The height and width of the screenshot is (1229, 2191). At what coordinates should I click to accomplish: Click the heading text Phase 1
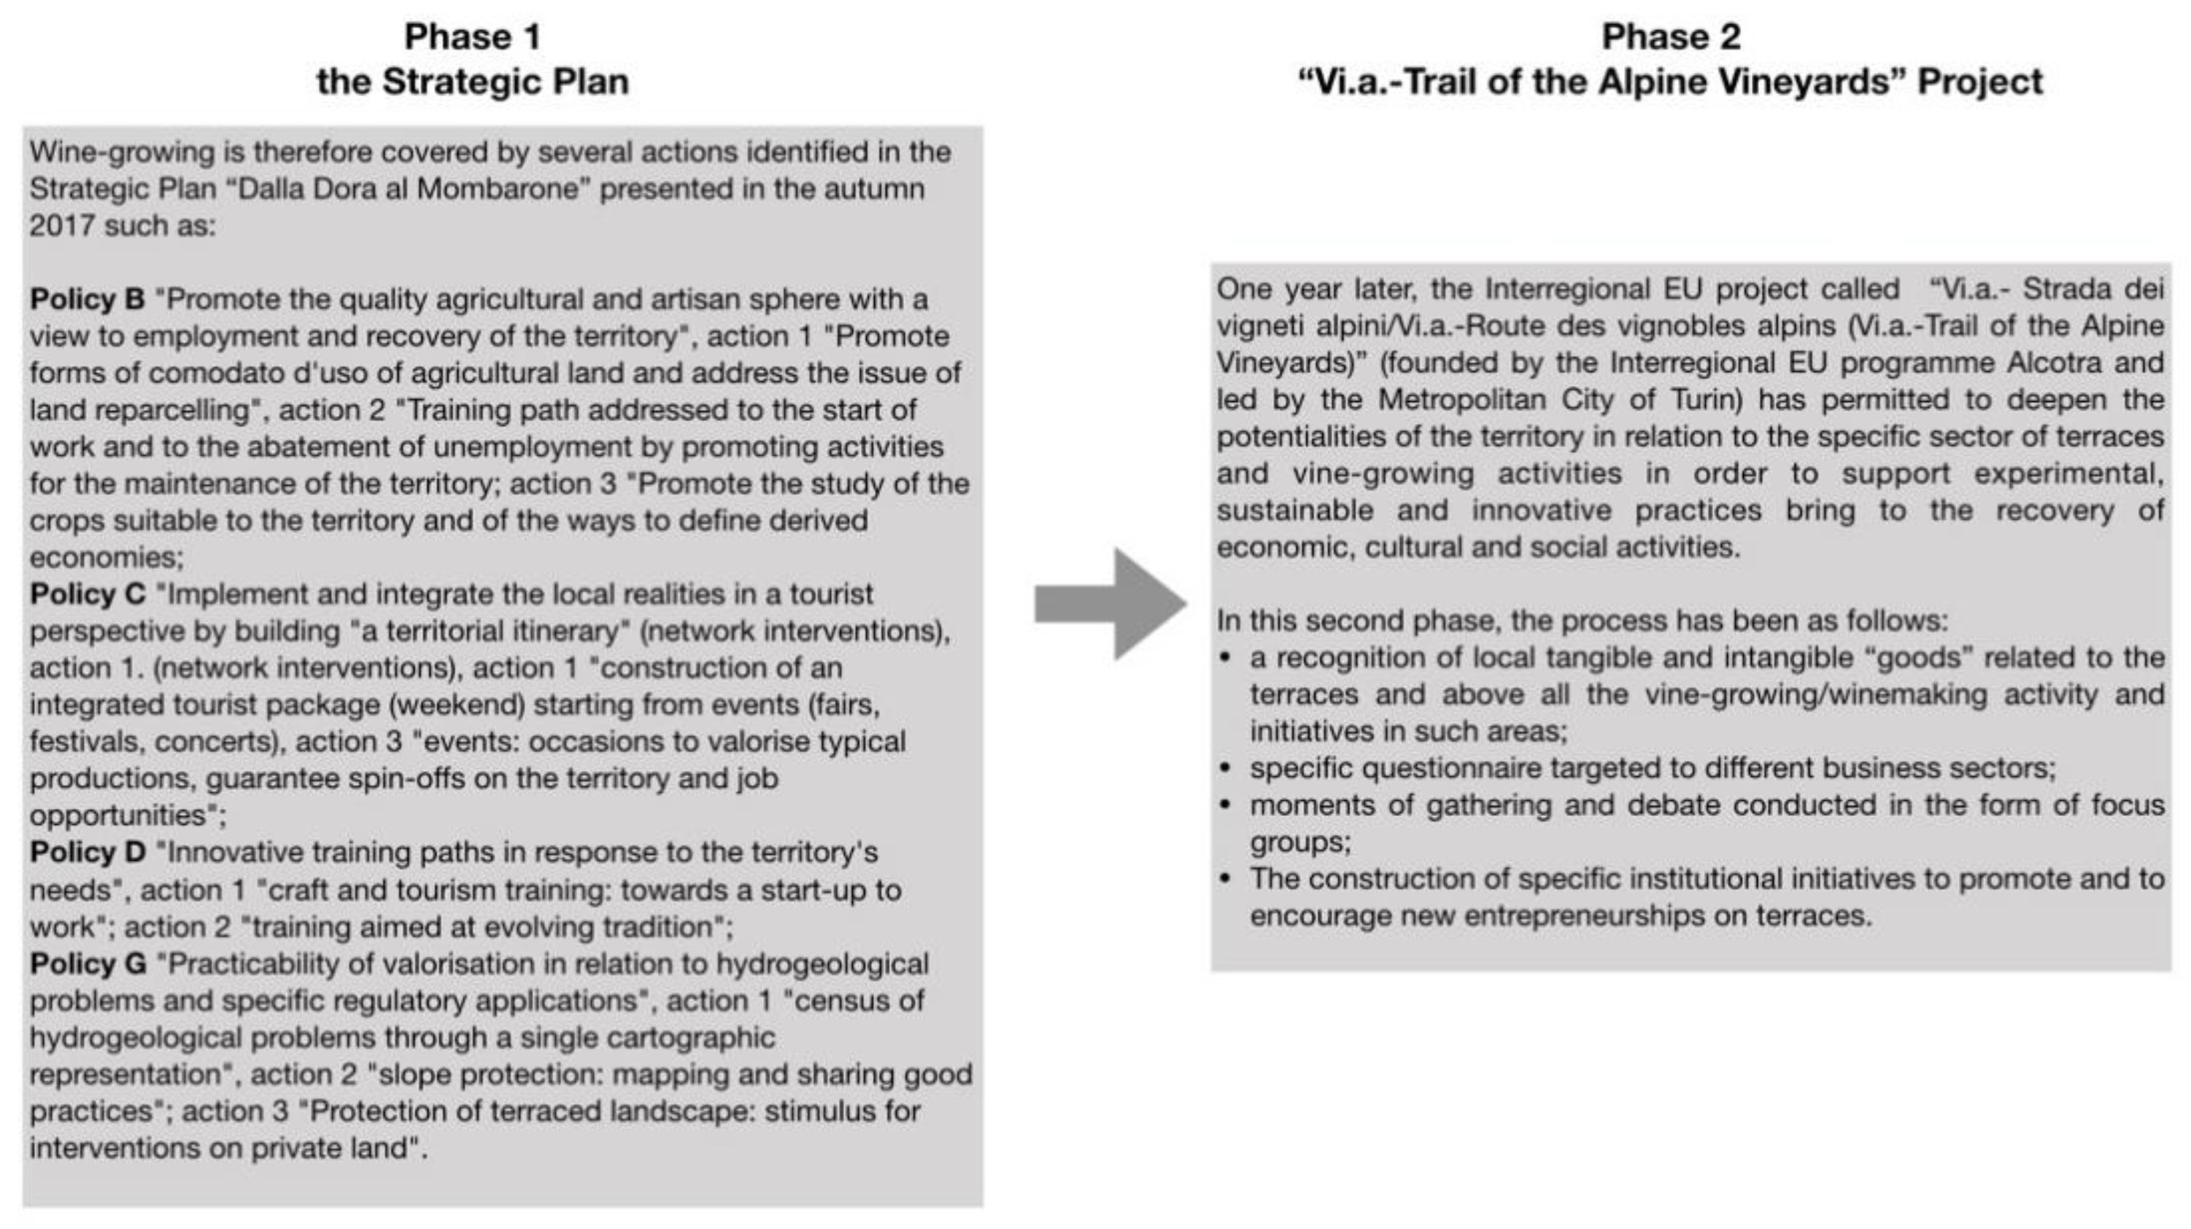point(472,36)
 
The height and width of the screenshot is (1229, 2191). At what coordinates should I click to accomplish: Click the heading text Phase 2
point(1671,36)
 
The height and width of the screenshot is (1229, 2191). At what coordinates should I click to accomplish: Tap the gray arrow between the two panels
point(1110,604)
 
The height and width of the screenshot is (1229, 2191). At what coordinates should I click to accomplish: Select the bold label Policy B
point(87,299)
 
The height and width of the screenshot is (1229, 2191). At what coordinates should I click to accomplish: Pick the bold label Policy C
point(87,594)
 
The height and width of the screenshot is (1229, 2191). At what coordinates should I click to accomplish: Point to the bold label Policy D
point(87,852)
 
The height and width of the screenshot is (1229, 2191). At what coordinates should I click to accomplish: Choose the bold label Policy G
point(88,964)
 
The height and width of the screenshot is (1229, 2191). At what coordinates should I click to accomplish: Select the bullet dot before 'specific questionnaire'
point(1225,769)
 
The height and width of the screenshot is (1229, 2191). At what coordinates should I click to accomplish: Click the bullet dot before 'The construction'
point(1225,880)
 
